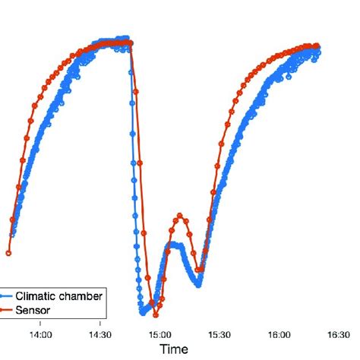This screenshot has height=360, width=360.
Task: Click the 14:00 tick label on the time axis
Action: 41,333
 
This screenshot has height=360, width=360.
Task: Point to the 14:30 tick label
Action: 100,333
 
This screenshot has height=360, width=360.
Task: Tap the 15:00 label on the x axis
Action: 160,333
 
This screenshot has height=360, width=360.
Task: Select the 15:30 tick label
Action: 219,333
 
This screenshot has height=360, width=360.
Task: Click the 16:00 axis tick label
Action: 279,333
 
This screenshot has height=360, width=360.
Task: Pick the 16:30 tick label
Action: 339,333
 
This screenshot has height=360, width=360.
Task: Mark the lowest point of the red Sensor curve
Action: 156,316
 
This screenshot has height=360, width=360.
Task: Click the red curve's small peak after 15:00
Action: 180,215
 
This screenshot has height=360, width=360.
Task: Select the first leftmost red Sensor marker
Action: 8,253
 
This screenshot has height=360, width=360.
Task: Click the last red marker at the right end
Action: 317,46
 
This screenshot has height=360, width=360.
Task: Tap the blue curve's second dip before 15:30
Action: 198,284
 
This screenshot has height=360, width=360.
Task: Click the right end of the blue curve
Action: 318,51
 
